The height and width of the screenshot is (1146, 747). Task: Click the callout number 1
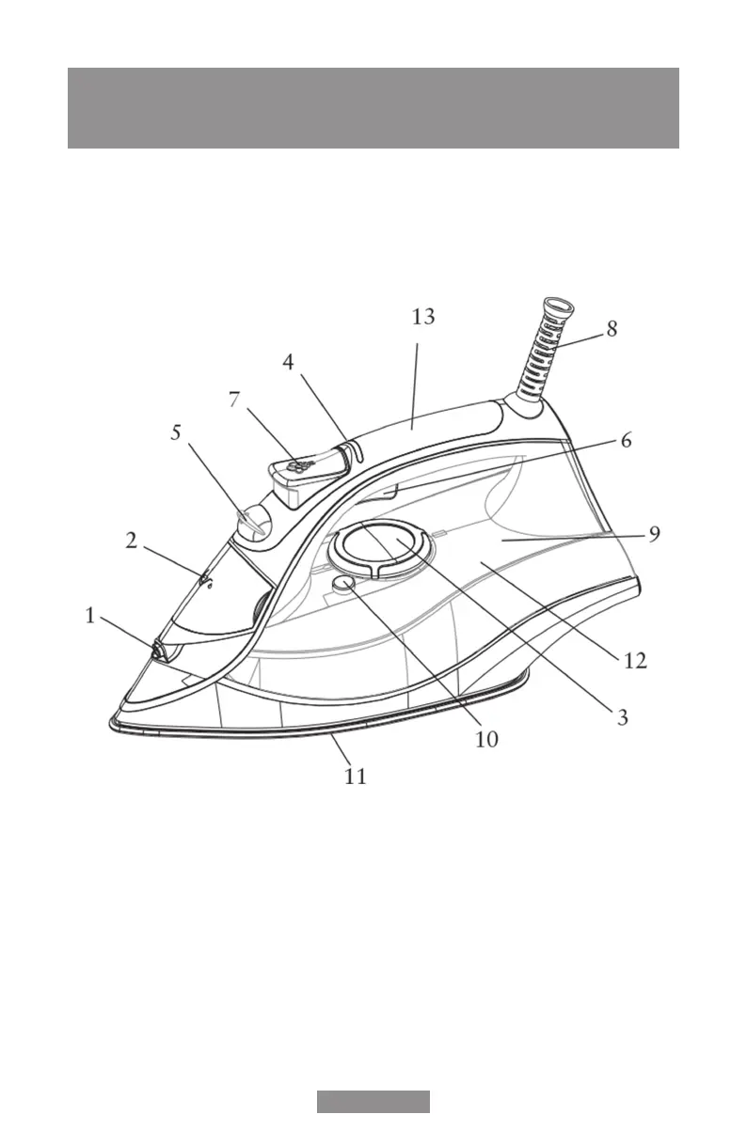(90, 616)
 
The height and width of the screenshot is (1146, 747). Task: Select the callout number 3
(622, 717)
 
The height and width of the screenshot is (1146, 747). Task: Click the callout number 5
(175, 432)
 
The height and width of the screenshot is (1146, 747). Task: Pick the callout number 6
(626, 440)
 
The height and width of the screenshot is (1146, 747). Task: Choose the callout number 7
(235, 399)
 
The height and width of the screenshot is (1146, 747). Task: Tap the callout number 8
(612, 329)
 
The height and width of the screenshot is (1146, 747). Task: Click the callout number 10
(485, 739)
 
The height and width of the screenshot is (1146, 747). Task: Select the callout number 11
(355, 777)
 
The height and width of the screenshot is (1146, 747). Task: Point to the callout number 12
(635, 661)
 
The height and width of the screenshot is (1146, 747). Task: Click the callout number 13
(423, 317)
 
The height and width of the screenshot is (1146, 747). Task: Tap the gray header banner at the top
(373, 108)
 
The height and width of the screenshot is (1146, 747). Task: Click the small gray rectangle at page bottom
(373, 1102)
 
